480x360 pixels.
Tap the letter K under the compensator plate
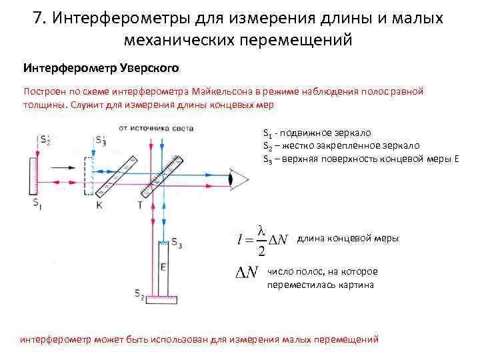(99, 205)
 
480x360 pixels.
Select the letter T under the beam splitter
(139, 205)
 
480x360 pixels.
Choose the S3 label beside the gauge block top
(177, 241)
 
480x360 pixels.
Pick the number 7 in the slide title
(38, 17)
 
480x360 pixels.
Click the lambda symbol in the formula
(262, 230)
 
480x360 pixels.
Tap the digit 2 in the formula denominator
(262, 250)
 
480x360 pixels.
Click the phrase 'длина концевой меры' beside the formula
(347, 239)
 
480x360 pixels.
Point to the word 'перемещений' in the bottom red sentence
(347, 339)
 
